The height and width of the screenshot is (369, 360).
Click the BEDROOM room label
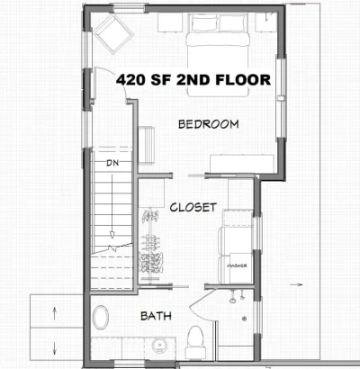pos(209,124)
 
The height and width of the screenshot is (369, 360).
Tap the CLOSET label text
pos(193,207)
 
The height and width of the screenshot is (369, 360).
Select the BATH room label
pos(156,316)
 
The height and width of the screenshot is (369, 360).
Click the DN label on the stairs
pos(112,163)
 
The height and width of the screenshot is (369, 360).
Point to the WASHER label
pos(237,265)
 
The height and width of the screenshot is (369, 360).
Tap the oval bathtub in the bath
pos(101,317)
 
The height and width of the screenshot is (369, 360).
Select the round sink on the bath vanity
pos(159,346)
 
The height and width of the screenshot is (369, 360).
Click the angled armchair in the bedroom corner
pos(113,34)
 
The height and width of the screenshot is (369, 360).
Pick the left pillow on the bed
pos(204,23)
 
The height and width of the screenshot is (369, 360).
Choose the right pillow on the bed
pos(232,23)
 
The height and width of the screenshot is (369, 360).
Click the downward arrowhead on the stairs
pos(112,235)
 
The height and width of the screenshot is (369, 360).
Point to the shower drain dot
pos(245,319)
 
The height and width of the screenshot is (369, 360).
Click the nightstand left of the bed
pos(170,22)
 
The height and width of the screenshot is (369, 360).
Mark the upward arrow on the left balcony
pos(55,313)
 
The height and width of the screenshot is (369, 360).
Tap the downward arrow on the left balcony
pos(55,348)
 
